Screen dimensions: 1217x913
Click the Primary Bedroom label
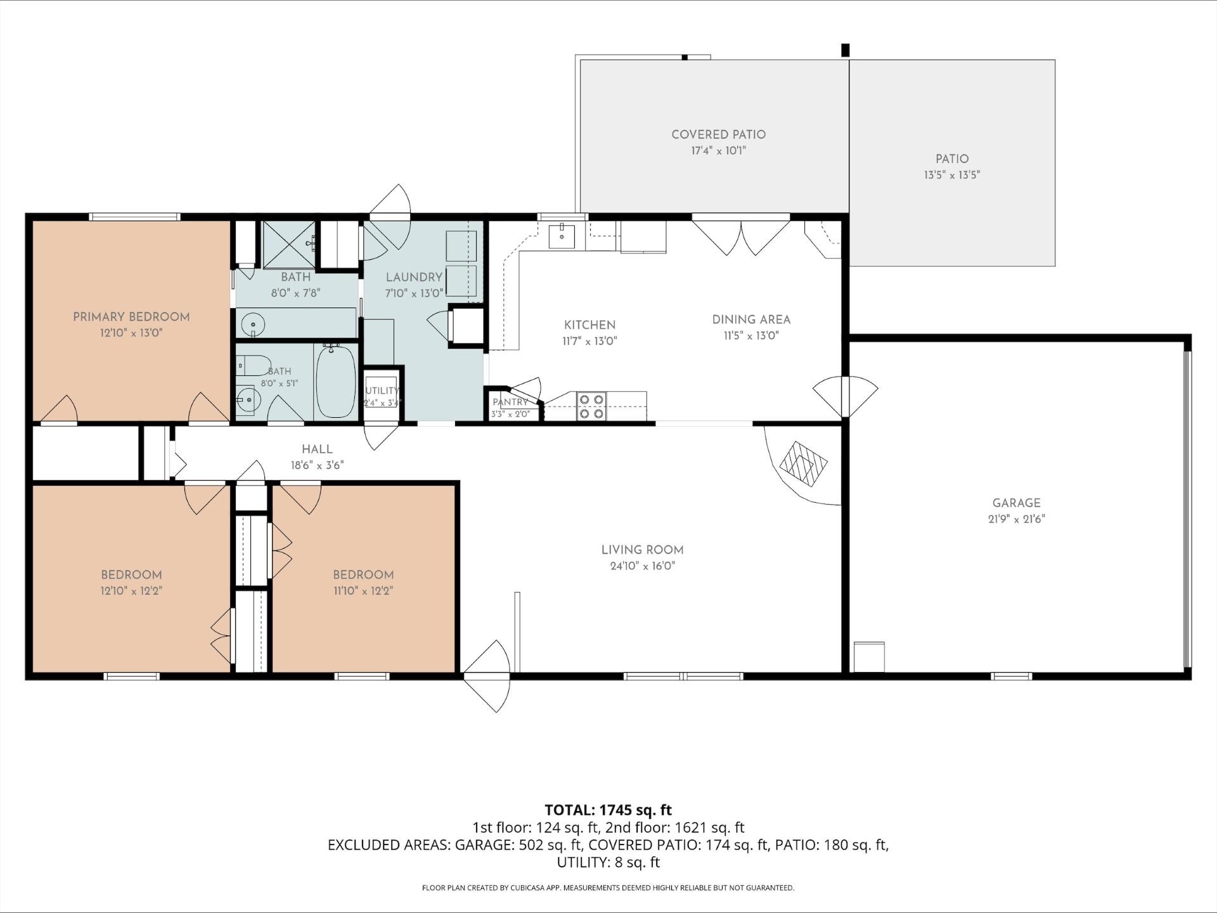coord(131,317)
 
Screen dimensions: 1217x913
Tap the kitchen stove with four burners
coord(591,406)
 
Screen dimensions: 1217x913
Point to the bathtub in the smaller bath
coord(336,381)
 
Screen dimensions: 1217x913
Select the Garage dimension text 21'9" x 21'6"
coord(1016,519)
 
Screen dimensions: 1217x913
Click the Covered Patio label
coord(719,134)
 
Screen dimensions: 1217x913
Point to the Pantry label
coord(510,402)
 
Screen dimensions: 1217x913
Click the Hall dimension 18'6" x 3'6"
coord(317,465)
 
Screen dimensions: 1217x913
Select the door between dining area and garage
coord(846,397)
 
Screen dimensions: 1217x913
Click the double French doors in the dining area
coord(741,235)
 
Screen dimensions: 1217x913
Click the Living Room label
coord(642,550)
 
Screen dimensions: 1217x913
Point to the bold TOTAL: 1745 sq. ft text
coord(608,810)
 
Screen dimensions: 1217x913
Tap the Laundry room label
coord(414,277)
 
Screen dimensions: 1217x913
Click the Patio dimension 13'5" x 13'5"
coord(951,175)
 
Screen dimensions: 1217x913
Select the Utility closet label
coord(382,391)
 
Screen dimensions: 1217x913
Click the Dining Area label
coord(751,320)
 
